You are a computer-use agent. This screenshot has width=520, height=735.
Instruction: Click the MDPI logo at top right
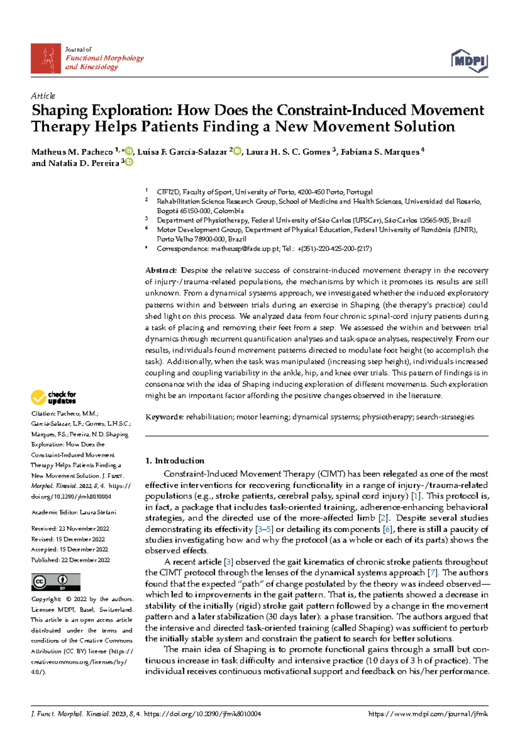(470, 61)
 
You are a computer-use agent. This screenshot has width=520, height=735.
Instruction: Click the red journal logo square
(45, 59)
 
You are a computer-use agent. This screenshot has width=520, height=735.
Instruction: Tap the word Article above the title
(43, 96)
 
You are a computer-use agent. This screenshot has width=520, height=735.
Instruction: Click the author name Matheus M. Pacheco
(72, 152)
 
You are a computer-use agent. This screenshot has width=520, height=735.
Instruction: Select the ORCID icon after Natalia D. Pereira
(129, 163)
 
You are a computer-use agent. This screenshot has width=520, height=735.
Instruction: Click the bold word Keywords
(164, 417)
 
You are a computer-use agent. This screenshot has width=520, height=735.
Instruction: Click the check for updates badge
(54, 397)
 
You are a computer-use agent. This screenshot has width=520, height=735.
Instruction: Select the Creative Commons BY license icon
(55, 582)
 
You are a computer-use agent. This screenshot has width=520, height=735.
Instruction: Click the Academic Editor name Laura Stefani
(98, 512)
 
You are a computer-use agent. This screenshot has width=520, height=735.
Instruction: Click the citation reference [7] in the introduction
(432, 573)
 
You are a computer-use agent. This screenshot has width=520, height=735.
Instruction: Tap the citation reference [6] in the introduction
(387, 529)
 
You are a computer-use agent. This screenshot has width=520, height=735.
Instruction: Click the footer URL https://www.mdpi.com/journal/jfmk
(428, 714)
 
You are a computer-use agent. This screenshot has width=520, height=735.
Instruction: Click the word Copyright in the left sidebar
(46, 599)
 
